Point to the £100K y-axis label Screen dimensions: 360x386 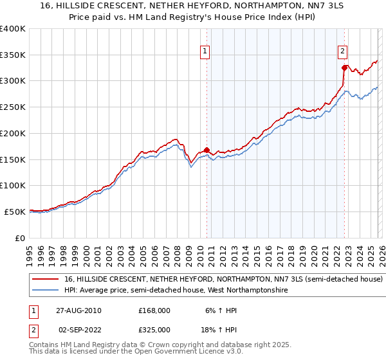point(13,185)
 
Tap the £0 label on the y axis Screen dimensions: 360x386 point(19,238)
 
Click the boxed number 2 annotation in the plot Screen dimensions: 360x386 point(343,51)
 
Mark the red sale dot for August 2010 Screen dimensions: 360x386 point(207,150)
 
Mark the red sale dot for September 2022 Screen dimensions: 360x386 point(344,67)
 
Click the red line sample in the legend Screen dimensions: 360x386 point(46,280)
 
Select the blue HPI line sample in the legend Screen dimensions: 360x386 point(46,291)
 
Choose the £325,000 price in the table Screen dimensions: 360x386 point(154,328)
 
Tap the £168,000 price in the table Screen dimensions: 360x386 point(154,310)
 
